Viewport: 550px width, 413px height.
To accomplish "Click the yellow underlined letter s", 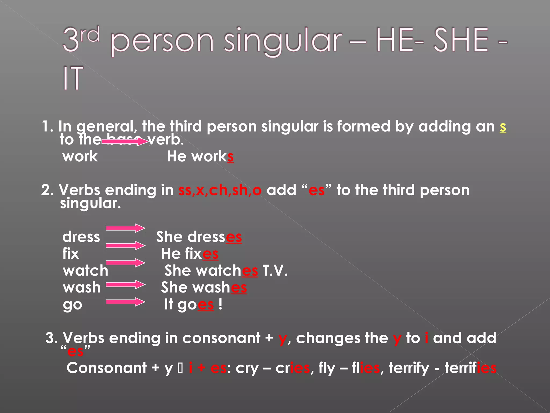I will (x=503, y=127).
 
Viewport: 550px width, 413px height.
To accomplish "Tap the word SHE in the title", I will (x=461, y=40).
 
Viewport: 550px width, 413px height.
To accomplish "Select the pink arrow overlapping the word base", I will (x=125, y=141).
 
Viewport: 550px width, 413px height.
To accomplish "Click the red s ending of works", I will (x=230, y=157).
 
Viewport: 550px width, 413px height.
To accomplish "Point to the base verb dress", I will (x=81, y=237).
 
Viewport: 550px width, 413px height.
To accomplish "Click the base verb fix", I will (x=71, y=254).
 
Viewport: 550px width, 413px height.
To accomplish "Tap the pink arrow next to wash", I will (x=125, y=284).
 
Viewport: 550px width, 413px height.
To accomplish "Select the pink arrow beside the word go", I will (x=125, y=302).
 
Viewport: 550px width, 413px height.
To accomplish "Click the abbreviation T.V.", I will (x=275, y=270).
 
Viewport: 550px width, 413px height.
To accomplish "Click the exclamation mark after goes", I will (x=220, y=304).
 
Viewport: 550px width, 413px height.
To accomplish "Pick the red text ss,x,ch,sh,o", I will (x=220, y=190).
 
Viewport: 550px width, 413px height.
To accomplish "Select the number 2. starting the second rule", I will (x=48, y=190).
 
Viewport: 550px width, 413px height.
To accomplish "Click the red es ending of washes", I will (x=239, y=288).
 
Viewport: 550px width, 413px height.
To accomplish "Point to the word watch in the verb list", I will (x=85, y=270).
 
